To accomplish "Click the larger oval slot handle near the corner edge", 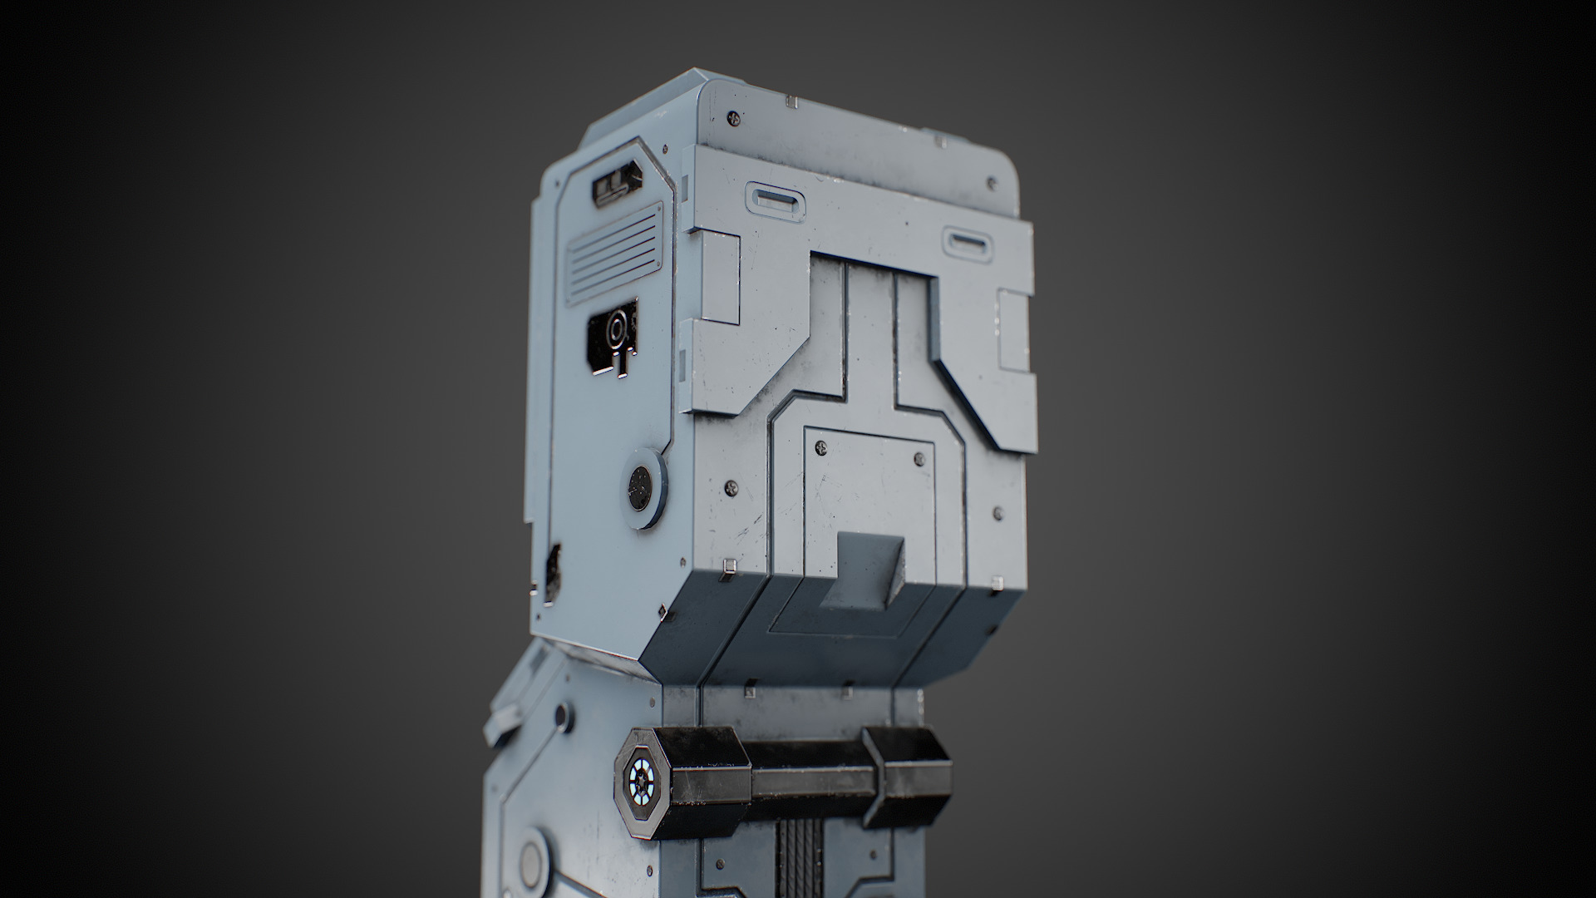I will (776, 202).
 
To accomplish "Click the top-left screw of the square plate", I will (821, 448).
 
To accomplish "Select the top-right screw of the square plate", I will (918, 456).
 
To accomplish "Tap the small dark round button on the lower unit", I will (563, 713).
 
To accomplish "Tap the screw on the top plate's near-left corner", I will (731, 118).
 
